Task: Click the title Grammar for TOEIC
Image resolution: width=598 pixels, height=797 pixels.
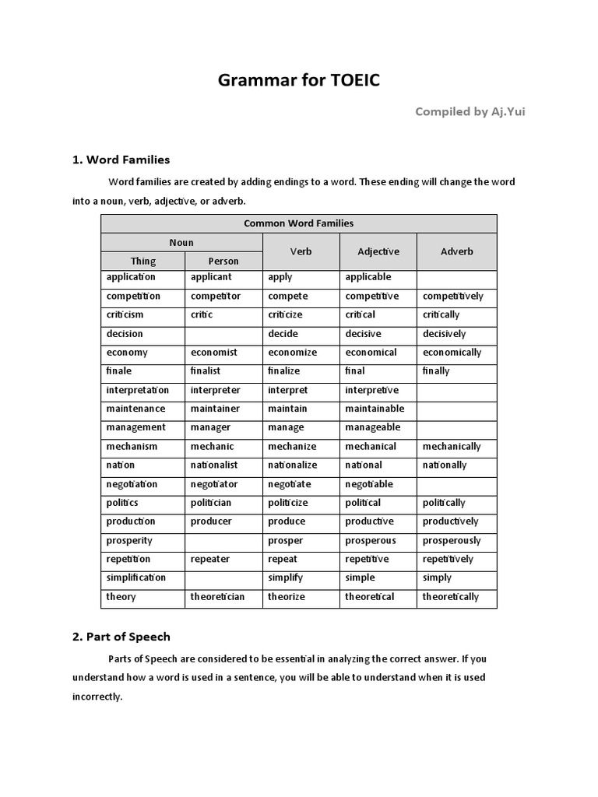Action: (x=299, y=80)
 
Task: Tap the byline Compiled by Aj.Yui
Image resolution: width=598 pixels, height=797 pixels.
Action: (x=470, y=111)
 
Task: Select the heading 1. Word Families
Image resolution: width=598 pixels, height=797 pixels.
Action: (x=121, y=160)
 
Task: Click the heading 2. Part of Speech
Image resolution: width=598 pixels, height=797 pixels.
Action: (x=121, y=637)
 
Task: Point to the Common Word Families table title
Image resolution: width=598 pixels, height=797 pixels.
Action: (x=298, y=223)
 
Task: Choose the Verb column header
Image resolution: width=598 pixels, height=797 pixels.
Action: (x=301, y=251)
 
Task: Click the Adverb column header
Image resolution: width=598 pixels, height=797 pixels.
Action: (x=456, y=251)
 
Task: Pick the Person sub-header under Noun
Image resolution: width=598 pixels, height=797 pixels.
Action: (x=223, y=262)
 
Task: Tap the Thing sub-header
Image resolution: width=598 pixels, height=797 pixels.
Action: (x=142, y=262)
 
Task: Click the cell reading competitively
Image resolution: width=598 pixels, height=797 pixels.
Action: (x=452, y=296)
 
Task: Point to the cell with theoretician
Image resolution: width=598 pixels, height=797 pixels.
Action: (x=217, y=597)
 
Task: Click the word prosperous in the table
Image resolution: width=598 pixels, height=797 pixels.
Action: (x=371, y=540)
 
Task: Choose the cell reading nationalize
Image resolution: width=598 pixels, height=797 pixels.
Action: (x=292, y=465)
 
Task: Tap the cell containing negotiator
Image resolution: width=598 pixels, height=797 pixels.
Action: (x=214, y=484)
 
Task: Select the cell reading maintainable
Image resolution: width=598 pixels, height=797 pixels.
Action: (x=375, y=409)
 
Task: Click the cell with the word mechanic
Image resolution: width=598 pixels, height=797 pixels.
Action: (x=212, y=446)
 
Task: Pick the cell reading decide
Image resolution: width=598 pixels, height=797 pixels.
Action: (x=283, y=334)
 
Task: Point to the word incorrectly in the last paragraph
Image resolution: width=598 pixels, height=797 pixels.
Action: (x=97, y=697)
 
